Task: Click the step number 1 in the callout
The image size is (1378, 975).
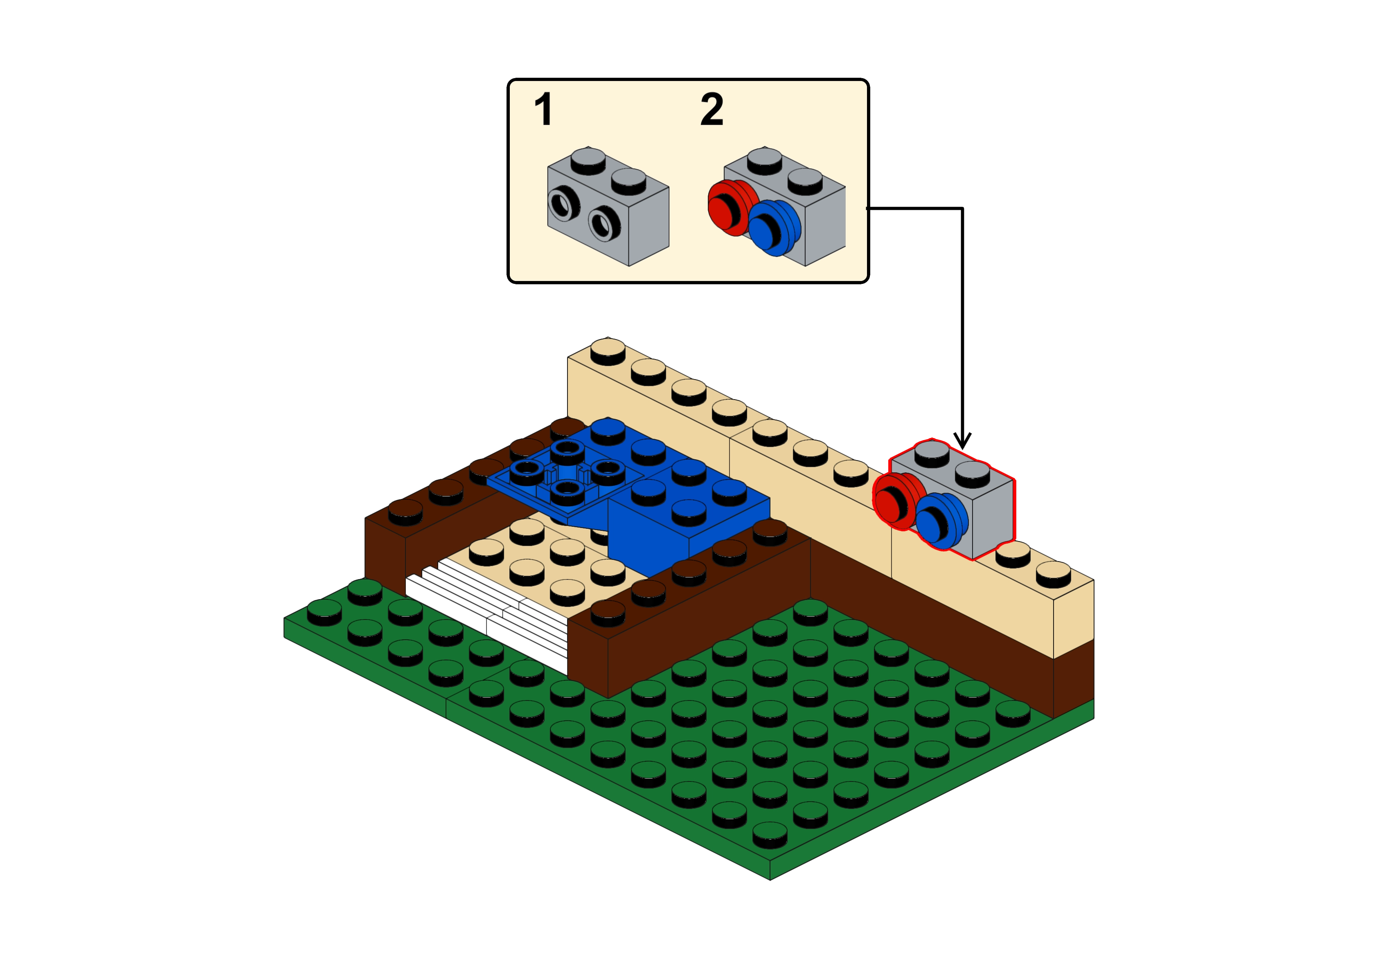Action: pos(543,110)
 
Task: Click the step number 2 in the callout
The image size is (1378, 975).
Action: pos(712,110)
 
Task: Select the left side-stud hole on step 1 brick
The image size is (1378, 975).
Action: pos(564,204)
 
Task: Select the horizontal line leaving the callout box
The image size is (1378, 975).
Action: pos(916,209)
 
